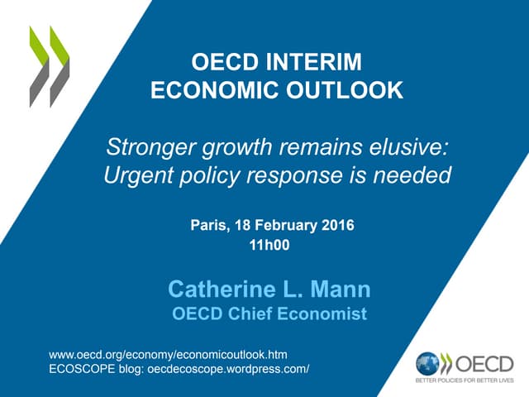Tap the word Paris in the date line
click(212, 225)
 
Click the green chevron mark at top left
click(50, 66)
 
